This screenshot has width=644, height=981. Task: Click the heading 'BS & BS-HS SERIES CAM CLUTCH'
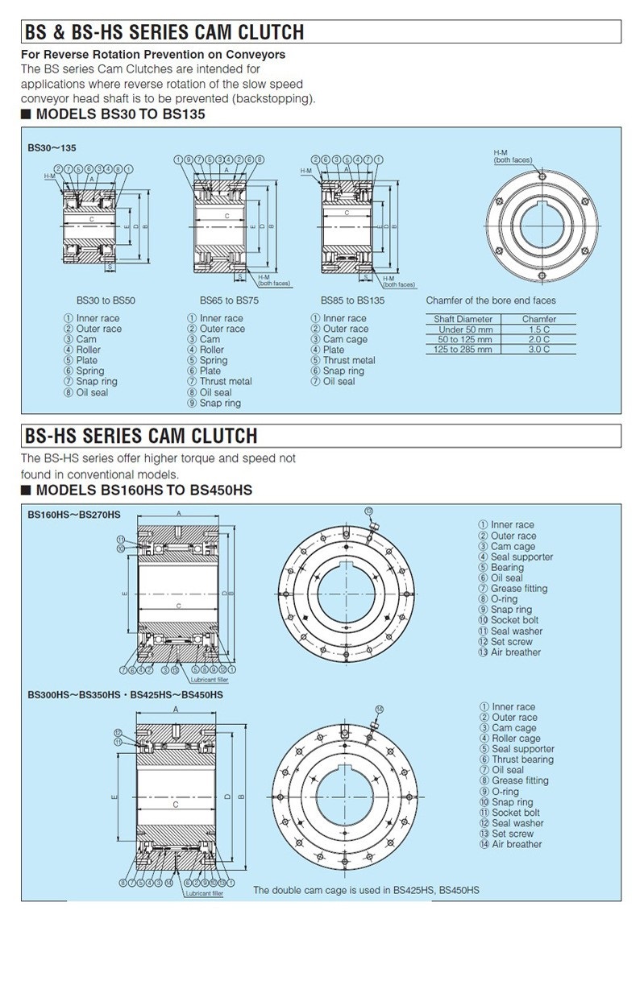tap(165, 32)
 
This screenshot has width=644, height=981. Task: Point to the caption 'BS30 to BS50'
tap(106, 300)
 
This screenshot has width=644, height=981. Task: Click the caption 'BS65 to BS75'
tap(229, 300)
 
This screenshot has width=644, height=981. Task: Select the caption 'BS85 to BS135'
tap(352, 300)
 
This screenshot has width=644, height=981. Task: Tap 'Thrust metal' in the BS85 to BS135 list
tap(349, 361)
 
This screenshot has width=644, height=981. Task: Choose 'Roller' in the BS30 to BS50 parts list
tap(88, 350)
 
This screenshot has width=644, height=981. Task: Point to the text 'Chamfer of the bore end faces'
tap(490, 300)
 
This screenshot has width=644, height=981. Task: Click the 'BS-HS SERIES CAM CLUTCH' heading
tap(141, 436)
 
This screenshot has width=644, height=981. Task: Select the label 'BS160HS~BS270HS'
tap(74, 515)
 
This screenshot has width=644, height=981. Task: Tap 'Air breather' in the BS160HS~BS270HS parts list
tap(516, 652)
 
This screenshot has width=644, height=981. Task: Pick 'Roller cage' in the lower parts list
tap(516, 739)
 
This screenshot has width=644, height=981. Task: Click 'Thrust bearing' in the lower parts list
tap(522, 760)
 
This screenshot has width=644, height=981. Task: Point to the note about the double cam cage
tap(366, 890)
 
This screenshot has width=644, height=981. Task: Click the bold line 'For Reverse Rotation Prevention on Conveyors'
tap(153, 55)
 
